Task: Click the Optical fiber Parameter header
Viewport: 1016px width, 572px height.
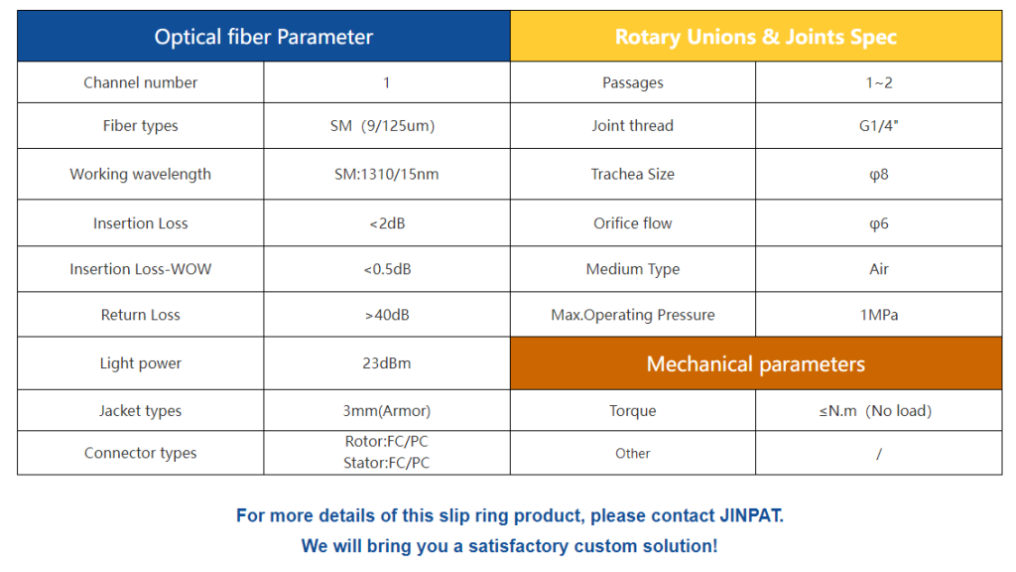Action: [x=264, y=37]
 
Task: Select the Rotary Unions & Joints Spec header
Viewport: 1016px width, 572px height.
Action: [x=755, y=37]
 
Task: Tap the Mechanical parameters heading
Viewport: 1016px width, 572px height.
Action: [x=755, y=363]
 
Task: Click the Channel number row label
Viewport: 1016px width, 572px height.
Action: [x=141, y=82]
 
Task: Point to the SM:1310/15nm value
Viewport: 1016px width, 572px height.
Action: [x=387, y=174]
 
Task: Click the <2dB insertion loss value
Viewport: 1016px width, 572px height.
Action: [x=387, y=223]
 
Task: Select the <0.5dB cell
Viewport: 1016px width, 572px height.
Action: [x=387, y=269]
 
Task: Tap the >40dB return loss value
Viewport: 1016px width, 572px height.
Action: [x=387, y=315]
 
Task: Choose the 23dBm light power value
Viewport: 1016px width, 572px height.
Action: [x=387, y=363]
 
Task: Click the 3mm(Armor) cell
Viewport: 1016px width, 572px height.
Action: [x=387, y=410]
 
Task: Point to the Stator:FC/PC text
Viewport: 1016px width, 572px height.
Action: [x=387, y=463]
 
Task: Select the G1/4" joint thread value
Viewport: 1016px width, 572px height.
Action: [x=879, y=126]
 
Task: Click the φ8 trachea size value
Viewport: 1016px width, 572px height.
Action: [x=879, y=175]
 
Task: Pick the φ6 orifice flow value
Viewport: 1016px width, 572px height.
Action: [x=879, y=223]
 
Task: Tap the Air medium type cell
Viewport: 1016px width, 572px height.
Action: [x=879, y=269]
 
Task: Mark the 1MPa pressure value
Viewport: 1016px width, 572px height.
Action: [x=879, y=315]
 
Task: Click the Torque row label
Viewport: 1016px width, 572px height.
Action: [x=632, y=410]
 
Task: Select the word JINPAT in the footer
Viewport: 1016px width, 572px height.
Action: [x=752, y=515]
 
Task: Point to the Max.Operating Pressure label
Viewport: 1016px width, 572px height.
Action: [x=632, y=315]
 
